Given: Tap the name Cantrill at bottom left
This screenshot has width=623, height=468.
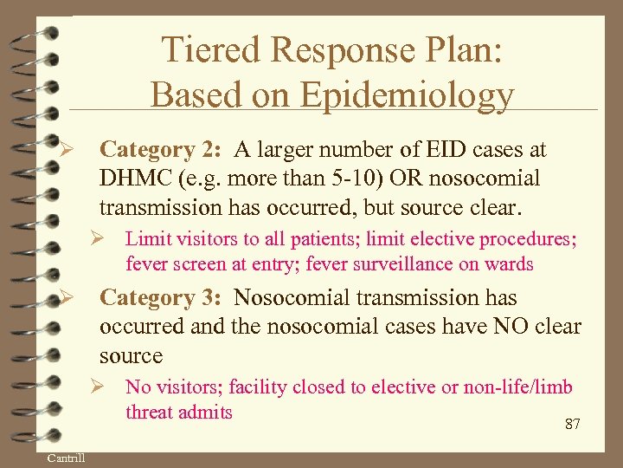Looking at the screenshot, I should pos(66,457).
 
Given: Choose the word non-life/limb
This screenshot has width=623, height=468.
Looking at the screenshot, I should pos(516,387).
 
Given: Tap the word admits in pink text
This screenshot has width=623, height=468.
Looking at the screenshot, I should pos(205,413).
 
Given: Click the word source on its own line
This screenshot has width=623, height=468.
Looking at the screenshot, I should pos(131,356).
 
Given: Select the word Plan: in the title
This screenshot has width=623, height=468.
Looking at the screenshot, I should pos(459,50).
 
